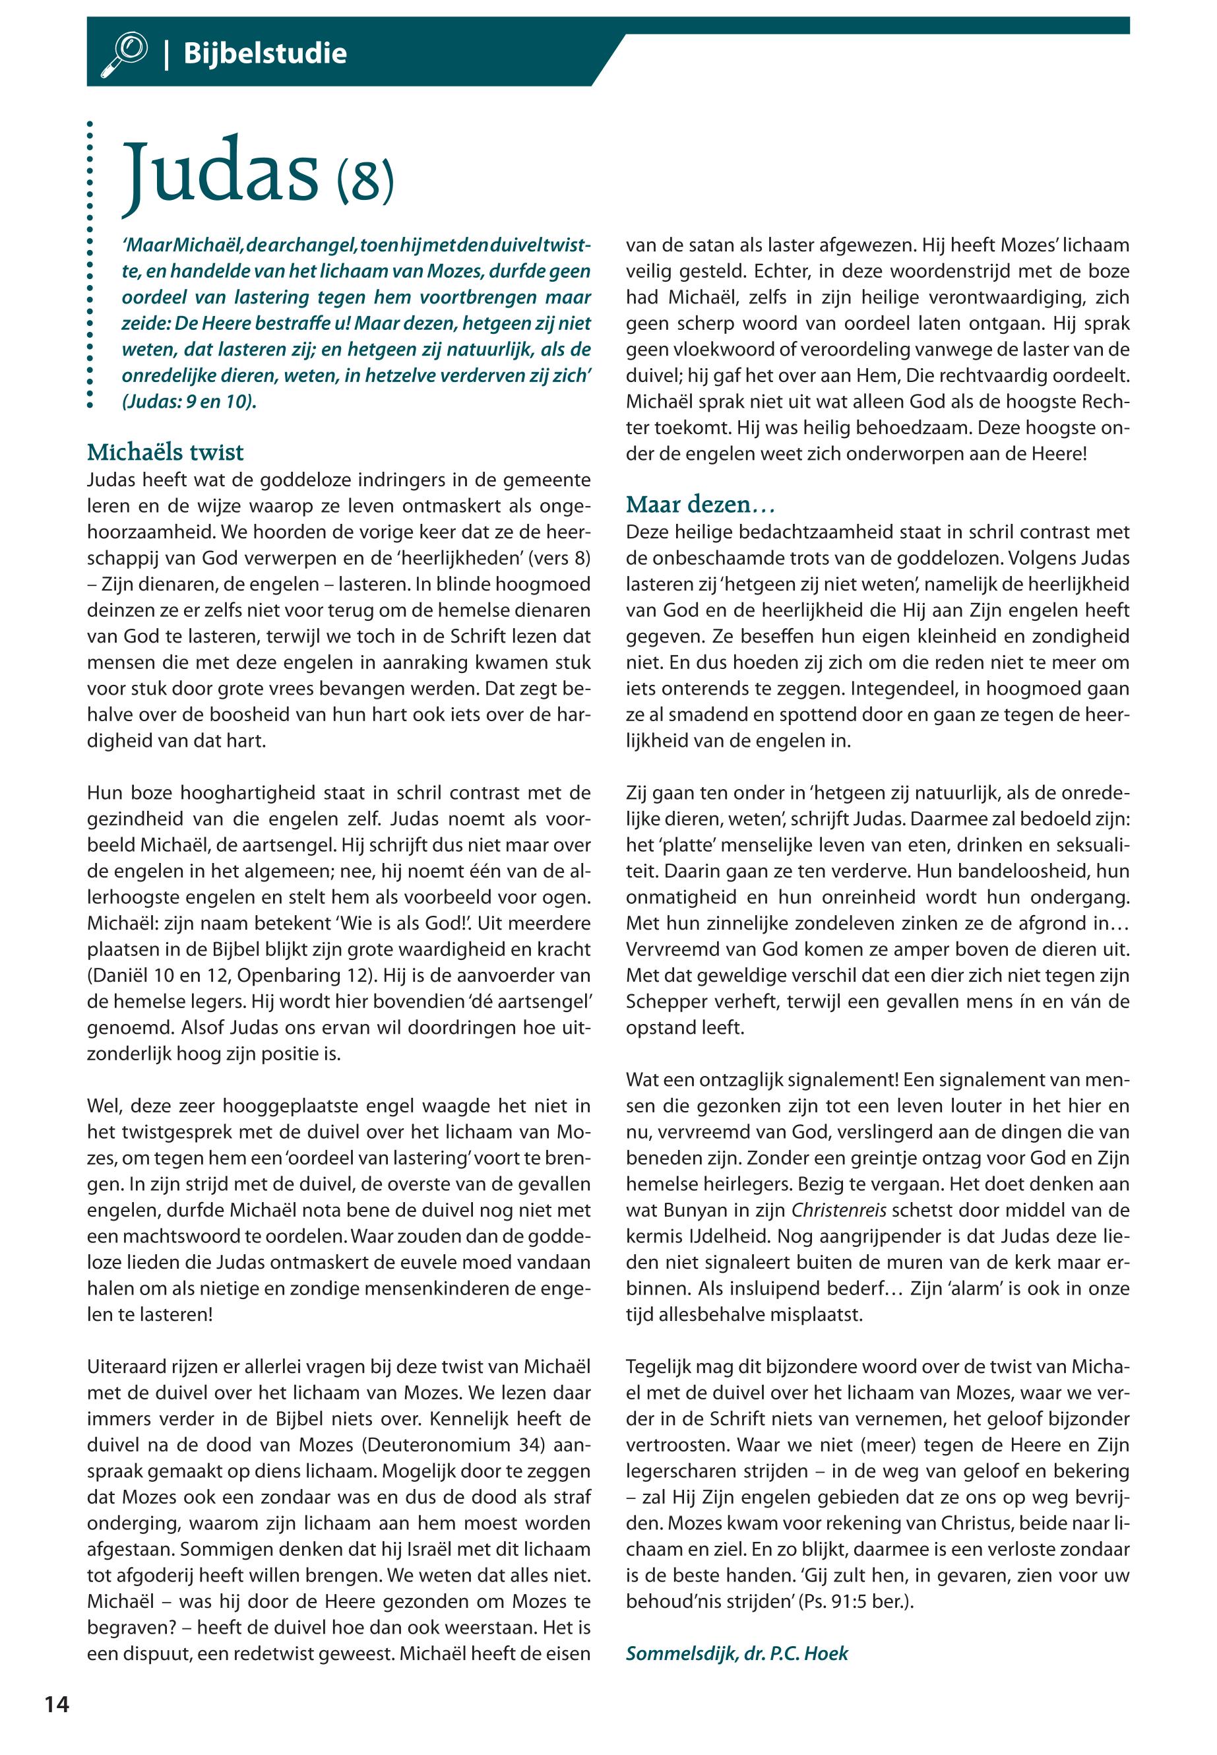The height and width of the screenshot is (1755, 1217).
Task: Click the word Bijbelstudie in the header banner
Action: point(265,53)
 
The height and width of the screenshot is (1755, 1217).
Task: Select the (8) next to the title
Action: point(365,180)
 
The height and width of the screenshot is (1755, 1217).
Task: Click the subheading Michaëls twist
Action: point(165,453)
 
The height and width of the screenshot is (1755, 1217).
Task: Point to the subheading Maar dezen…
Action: point(700,504)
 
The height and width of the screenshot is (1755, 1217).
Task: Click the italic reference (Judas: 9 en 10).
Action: point(189,401)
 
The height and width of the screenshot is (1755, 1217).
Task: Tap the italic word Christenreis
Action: point(840,1211)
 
